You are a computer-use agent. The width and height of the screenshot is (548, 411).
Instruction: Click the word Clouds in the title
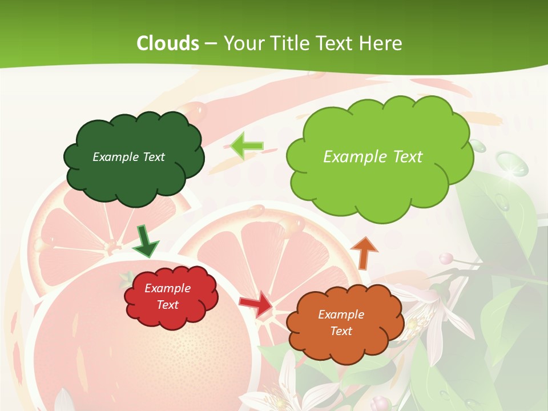pyautogui.click(x=168, y=43)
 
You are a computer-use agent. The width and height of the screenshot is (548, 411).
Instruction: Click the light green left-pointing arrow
pyautogui.click(x=247, y=145)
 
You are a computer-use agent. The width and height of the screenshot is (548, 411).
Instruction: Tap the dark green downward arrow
pyautogui.click(x=146, y=240)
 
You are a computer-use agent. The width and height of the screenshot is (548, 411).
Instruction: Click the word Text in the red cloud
pyautogui.click(x=168, y=305)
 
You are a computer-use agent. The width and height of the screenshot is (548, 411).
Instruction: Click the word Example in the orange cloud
pyautogui.click(x=341, y=315)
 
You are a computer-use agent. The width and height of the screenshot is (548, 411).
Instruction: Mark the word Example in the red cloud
pyautogui.click(x=168, y=289)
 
